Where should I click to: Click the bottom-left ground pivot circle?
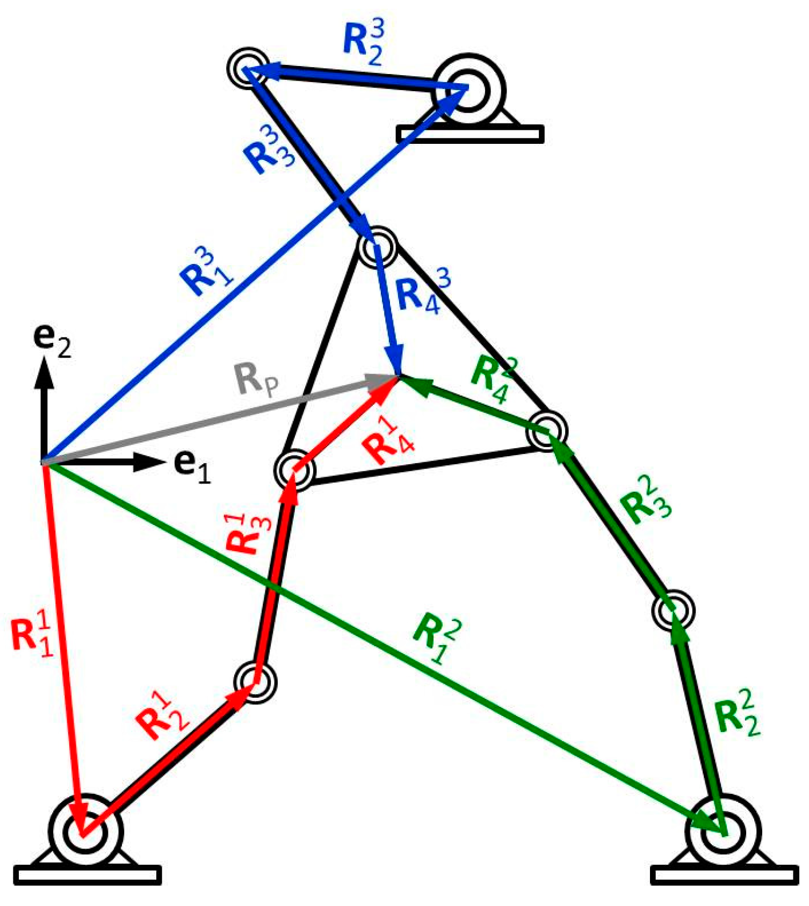(x=84, y=831)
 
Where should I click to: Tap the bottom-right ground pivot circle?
(x=722, y=831)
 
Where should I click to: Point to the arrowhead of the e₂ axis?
(x=44, y=370)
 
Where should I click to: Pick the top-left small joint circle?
(x=248, y=69)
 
